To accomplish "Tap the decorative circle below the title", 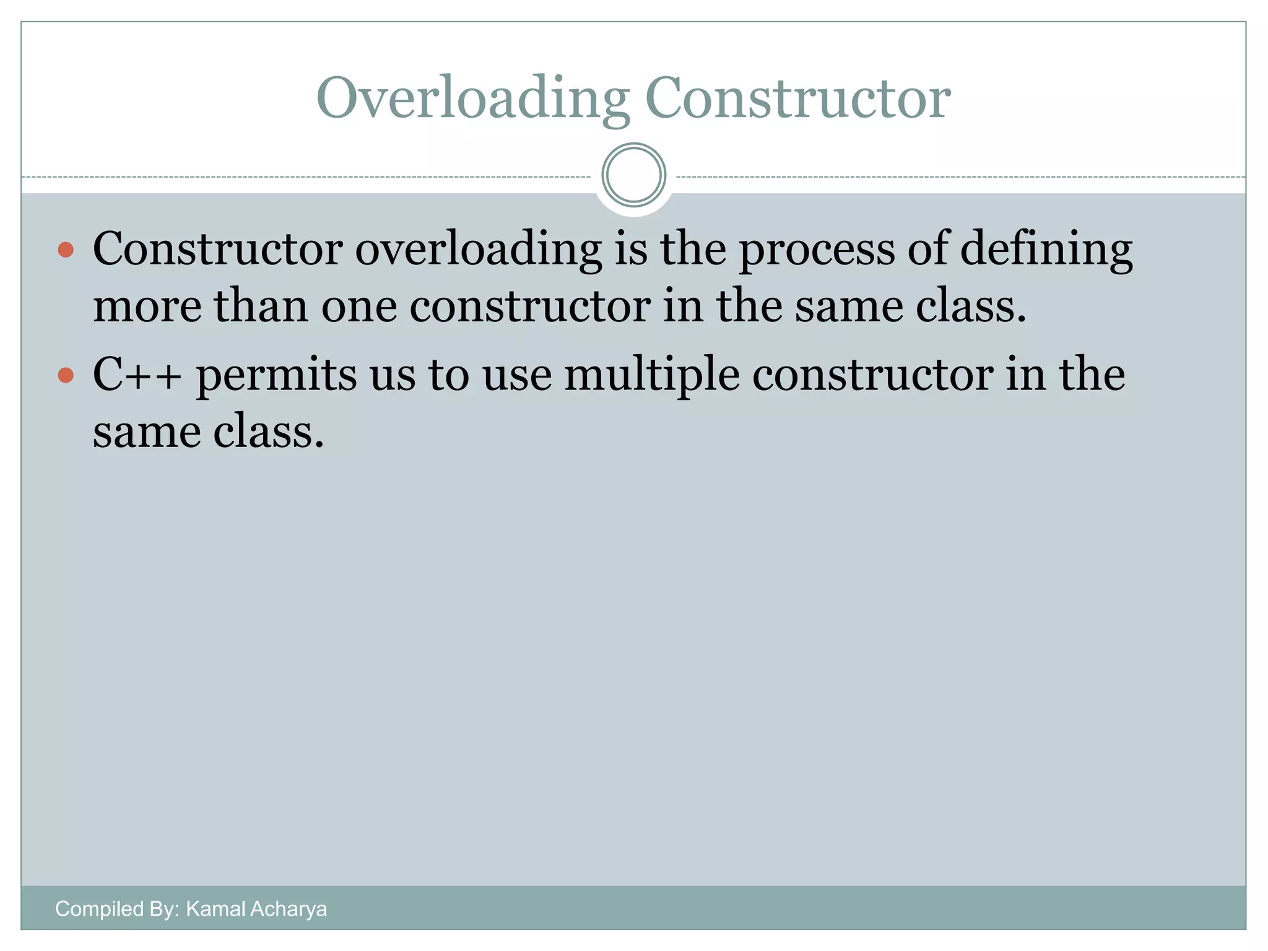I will tap(634, 175).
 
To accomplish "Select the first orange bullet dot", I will tap(66, 250).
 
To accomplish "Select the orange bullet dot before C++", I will tap(66, 375).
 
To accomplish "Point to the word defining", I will tap(1046, 249).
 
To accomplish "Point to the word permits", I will tap(277, 376).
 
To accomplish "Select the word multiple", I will tap(652, 375).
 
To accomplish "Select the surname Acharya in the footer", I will tap(288, 909).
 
